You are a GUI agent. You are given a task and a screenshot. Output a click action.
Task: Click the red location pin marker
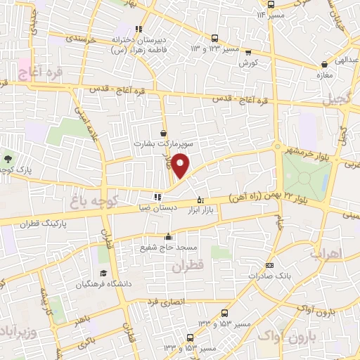[x=181, y=165]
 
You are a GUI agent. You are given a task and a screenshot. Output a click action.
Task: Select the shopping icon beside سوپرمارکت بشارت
[x=164, y=132]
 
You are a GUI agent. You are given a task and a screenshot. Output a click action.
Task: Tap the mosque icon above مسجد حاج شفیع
[x=168, y=237]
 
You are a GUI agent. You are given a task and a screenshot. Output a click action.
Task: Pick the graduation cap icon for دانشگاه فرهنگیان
[x=103, y=273]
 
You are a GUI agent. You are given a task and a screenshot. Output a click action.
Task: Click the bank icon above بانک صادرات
[x=270, y=265]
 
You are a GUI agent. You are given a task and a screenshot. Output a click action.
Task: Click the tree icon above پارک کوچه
[x=8, y=158]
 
